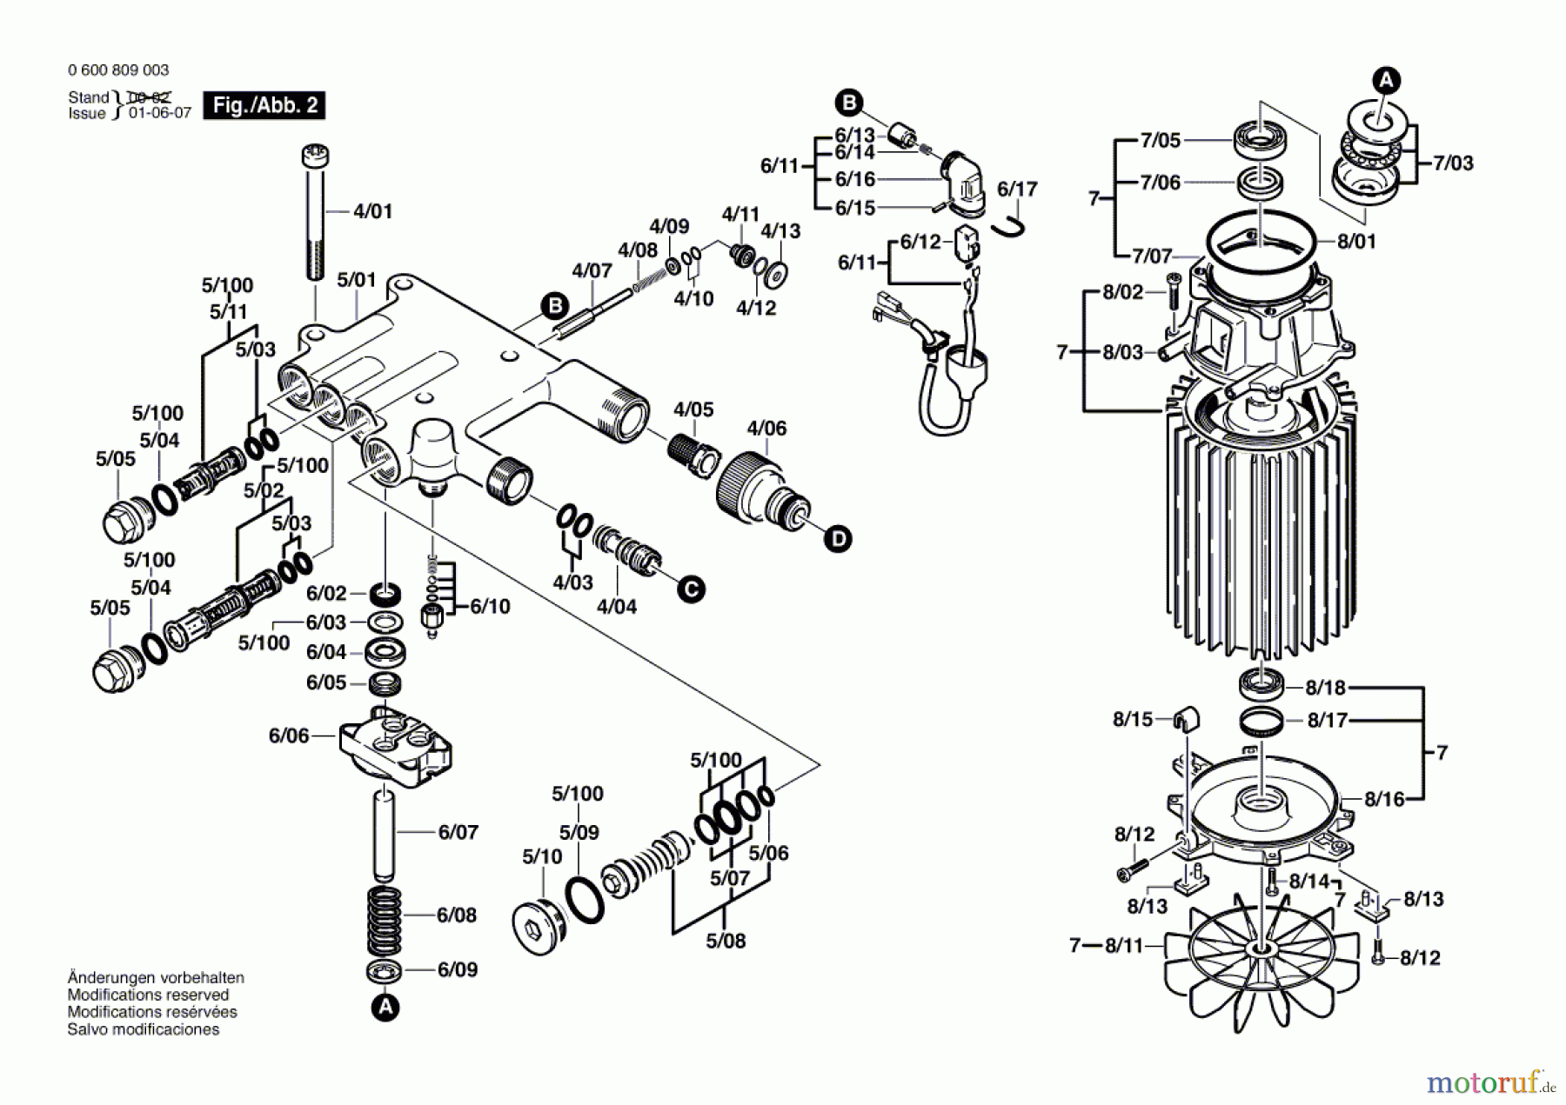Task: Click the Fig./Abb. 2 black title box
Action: pyautogui.click(x=264, y=105)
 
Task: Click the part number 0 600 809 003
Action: pyautogui.click(x=118, y=70)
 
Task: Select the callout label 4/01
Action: pyautogui.click(x=372, y=211)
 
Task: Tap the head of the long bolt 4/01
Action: pyautogui.click(x=314, y=157)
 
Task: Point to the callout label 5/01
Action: pyautogui.click(x=357, y=280)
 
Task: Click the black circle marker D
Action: pyautogui.click(x=838, y=539)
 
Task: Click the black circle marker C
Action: pyautogui.click(x=691, y=589)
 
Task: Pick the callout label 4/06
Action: pyautogui.click(x=766, y=428)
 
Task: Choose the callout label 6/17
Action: pyautogui.click(x=1017, y=189)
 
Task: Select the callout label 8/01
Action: pyautogui.click(x=1356, y=241)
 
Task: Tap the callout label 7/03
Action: pyautogui.click(x=1453, y=163)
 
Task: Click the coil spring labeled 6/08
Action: pyautogui.click(x=385, y=922)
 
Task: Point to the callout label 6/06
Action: pyautogui.click(x=289, y=736)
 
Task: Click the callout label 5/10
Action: pyautogui.click(x=542, y=856)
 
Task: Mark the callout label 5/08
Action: pyautogui.click(x=726, y=941)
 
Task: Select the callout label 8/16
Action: pyautogui.click(x=1384, y=798)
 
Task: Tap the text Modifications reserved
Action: pyautogui.click(x=148, y=995)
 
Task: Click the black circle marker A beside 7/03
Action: pyautogui.click(x=1386, y=81)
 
